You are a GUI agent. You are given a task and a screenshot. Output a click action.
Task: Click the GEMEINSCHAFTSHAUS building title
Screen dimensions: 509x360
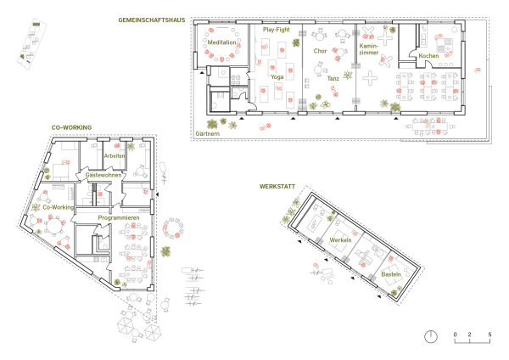152,20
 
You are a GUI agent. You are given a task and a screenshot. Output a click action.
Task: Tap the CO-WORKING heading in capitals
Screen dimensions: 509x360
71,127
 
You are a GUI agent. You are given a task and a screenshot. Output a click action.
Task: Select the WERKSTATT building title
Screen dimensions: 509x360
277,187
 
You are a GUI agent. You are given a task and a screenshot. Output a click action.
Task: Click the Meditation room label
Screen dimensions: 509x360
222,42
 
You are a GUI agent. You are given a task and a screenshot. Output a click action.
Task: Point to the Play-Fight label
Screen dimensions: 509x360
277,30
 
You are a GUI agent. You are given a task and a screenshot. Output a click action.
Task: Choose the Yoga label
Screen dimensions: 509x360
277,77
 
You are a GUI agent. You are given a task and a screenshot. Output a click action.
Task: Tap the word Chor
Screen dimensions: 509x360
320,51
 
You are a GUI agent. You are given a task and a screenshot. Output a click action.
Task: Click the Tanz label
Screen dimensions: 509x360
333,78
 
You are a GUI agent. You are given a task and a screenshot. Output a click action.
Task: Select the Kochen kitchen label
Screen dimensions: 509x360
428,56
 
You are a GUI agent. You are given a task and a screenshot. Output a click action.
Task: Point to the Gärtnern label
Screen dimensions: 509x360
208,134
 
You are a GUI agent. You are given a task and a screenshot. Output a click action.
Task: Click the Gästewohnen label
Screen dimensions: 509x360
103,175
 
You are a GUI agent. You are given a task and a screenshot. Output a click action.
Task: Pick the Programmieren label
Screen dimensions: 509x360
119,218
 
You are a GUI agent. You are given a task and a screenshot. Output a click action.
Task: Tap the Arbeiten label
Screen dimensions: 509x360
115,156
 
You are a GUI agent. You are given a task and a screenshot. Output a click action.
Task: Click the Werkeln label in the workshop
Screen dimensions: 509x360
340,240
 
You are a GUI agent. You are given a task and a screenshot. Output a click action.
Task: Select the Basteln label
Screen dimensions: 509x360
391,274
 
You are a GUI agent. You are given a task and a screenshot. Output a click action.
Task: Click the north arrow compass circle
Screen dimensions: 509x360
431,336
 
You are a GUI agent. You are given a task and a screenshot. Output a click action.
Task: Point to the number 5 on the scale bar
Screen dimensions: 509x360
489,335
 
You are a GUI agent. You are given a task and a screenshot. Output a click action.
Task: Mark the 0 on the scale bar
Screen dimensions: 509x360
455,335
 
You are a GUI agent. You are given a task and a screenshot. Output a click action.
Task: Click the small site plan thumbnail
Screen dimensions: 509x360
32,45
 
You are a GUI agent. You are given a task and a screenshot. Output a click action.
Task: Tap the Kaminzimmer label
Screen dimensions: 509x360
369,49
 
